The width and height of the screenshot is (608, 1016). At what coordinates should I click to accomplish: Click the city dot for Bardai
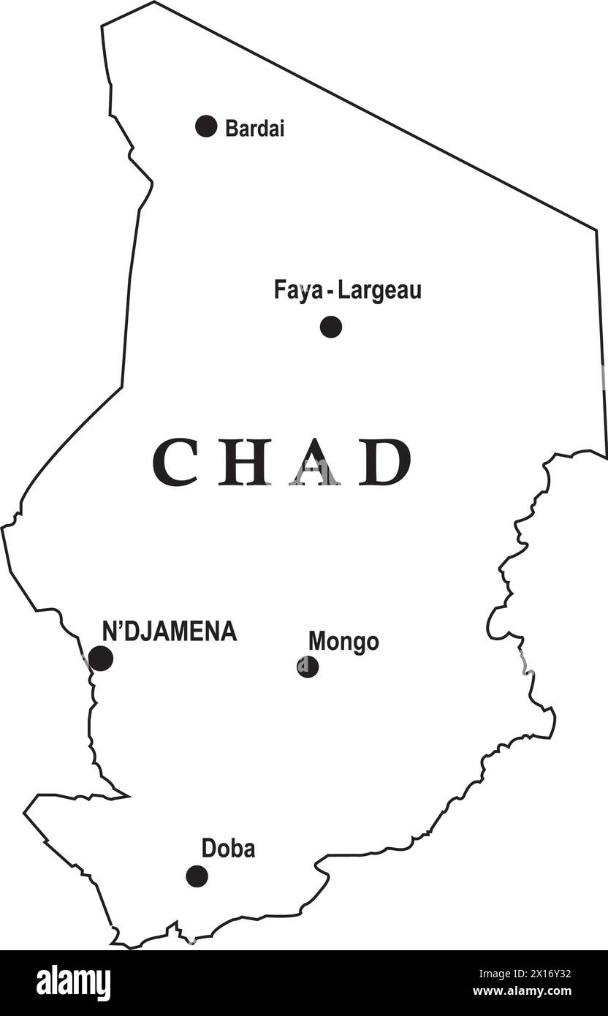pyautogui.click(x=206, y=126)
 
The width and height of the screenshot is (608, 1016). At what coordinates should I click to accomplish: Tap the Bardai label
pyautogui.click(x=254, y=129)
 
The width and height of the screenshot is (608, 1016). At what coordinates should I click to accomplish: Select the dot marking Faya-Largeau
pyautogui.click(x=331, y=327)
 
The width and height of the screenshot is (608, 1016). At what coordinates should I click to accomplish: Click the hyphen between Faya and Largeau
pyautogui.click(x=331, y=292)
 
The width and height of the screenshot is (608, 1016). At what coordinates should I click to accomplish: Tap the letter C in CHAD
pyautogui.click(x=175, y=462)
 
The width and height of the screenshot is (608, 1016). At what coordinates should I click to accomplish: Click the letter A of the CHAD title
pyautogui.click(x=314, y=462)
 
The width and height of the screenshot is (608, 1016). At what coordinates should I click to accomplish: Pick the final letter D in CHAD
pyautogui.click(x=384, y=462)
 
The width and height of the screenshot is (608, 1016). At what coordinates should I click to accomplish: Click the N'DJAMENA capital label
pyautogui.click(x=170, y=632)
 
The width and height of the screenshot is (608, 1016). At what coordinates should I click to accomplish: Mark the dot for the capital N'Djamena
pyautogui.click(x=101, y=659)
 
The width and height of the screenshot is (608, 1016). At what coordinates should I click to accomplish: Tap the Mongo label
pyautogui.click(x=343, y=642)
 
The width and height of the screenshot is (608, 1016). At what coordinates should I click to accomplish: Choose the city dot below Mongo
pyautogui.click(x=308, y=667)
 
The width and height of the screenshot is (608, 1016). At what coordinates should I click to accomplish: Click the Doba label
pyautogui.click(x=228, y=849)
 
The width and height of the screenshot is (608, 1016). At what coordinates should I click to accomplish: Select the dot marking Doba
pyautogui.click(x=197, y=876)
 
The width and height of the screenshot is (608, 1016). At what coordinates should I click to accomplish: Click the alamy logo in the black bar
pyautogui.click(x=73, y=982)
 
